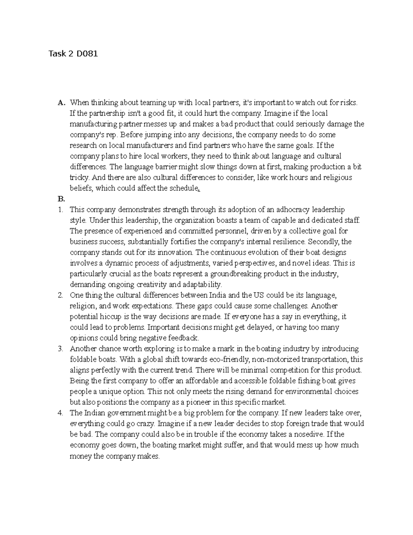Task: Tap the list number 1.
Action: [61, 209]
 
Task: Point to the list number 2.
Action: [61, 295]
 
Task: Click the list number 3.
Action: [61, 349]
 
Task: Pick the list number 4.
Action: [61, 413]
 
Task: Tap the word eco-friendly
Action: [229, 359]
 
